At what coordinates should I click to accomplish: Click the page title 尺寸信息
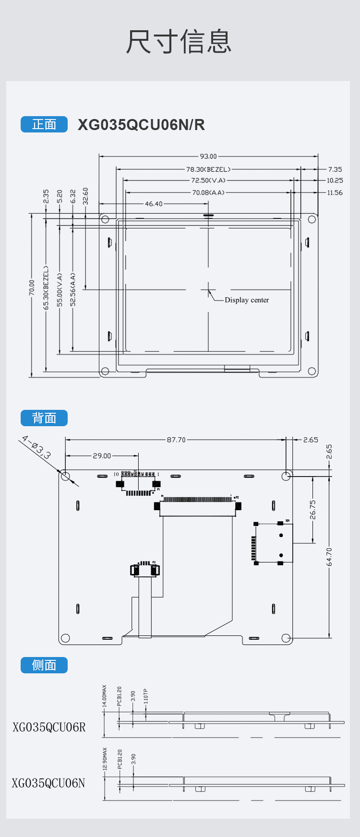click(179, 42)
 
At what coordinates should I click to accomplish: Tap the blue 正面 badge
click(44, 124)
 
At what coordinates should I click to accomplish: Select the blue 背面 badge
click(44, 418)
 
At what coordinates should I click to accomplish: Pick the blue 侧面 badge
click(44, 665)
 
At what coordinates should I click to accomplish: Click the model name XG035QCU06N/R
click(141, 125)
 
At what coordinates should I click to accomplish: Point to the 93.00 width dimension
click(208, 156)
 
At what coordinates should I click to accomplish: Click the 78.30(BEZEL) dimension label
click(208, 169)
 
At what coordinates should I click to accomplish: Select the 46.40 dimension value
click(154, 204)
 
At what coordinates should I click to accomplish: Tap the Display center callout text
click(247, 300)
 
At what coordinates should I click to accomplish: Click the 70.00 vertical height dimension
click(32, 287)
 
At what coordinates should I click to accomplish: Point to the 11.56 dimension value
click(335, 192)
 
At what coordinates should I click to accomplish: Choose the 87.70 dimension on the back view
click(176, 440)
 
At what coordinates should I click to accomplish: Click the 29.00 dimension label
click(102, 455)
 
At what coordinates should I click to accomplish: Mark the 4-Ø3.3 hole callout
click(36, 447)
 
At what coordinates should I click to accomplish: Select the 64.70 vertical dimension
click(329, 557)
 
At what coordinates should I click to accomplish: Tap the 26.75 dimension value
click(313, 510)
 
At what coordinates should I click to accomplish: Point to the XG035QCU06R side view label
click(49, 727)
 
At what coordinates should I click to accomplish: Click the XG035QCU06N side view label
click(48, 783)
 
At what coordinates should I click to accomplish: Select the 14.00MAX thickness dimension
click(105, 696)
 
